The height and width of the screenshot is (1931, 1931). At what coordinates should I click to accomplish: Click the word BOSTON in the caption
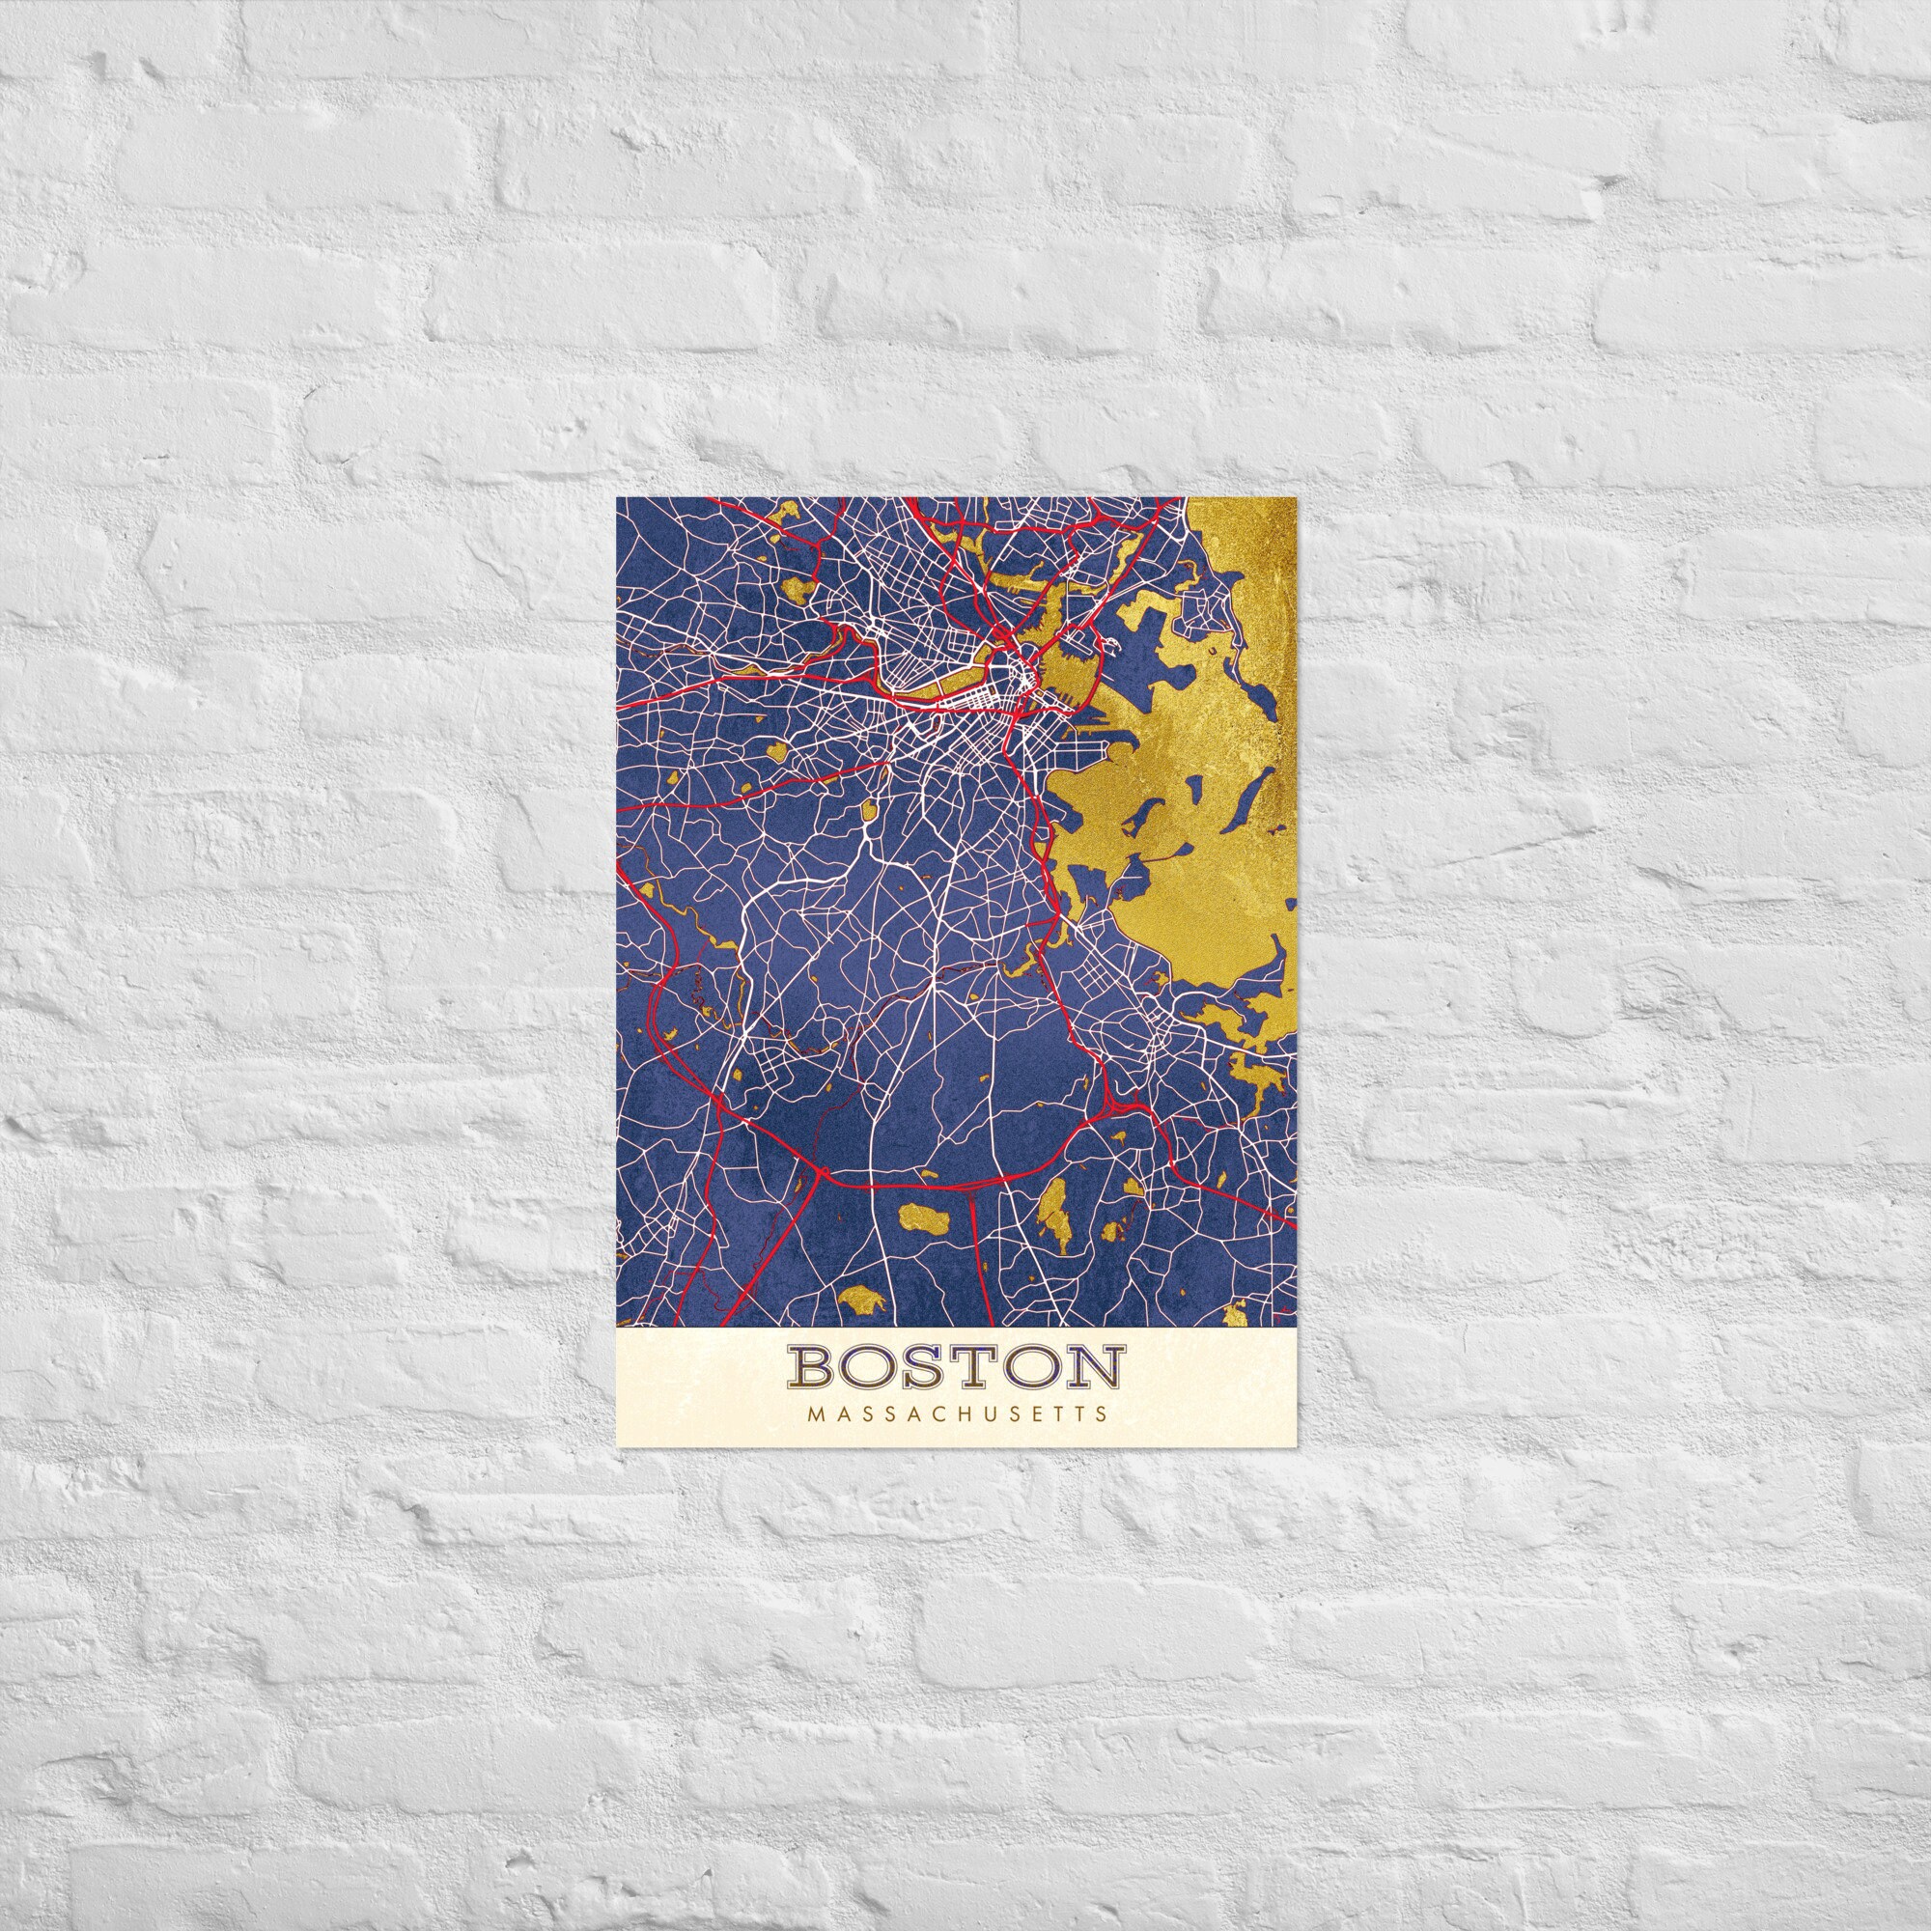[x=957, y=1368]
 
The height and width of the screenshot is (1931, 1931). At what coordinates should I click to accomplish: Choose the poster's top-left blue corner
[x=621, y=502]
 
